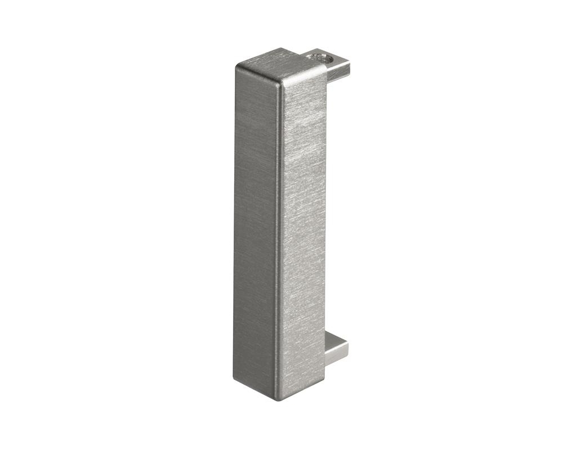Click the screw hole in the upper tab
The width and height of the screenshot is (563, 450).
pyautogui.click(x=325, y=57)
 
